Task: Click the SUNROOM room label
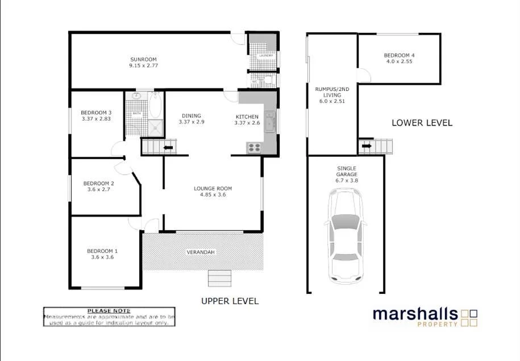143,59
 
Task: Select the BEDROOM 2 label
99,183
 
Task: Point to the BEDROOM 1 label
102,251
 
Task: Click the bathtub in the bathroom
155,106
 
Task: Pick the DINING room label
191,114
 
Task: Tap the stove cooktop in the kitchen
253,147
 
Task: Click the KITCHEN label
247,117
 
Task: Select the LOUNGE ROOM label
213,189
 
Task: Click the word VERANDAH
201,252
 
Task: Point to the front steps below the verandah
220,278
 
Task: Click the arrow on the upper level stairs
168,148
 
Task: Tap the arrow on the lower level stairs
367,146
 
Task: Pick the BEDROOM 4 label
398,55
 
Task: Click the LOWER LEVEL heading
422,123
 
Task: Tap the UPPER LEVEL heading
230,301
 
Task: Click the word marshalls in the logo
415,314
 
